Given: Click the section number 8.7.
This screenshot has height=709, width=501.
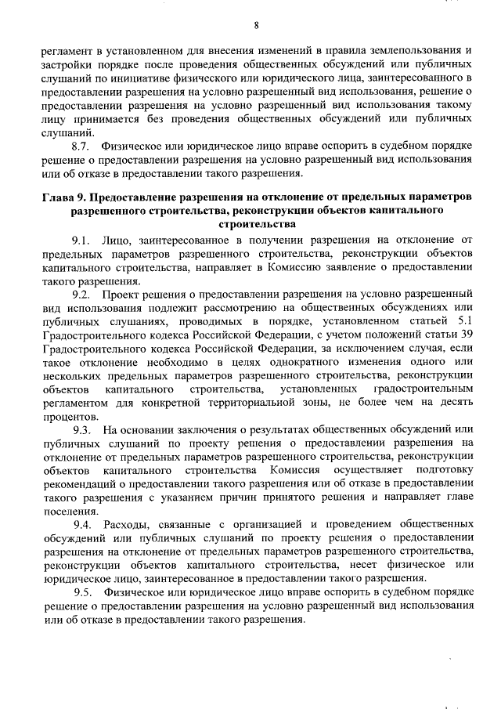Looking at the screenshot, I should [81, 146].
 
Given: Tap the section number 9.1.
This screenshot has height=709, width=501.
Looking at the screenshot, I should [81, 239].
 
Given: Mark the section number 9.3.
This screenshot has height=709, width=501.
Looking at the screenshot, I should [81, 430].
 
